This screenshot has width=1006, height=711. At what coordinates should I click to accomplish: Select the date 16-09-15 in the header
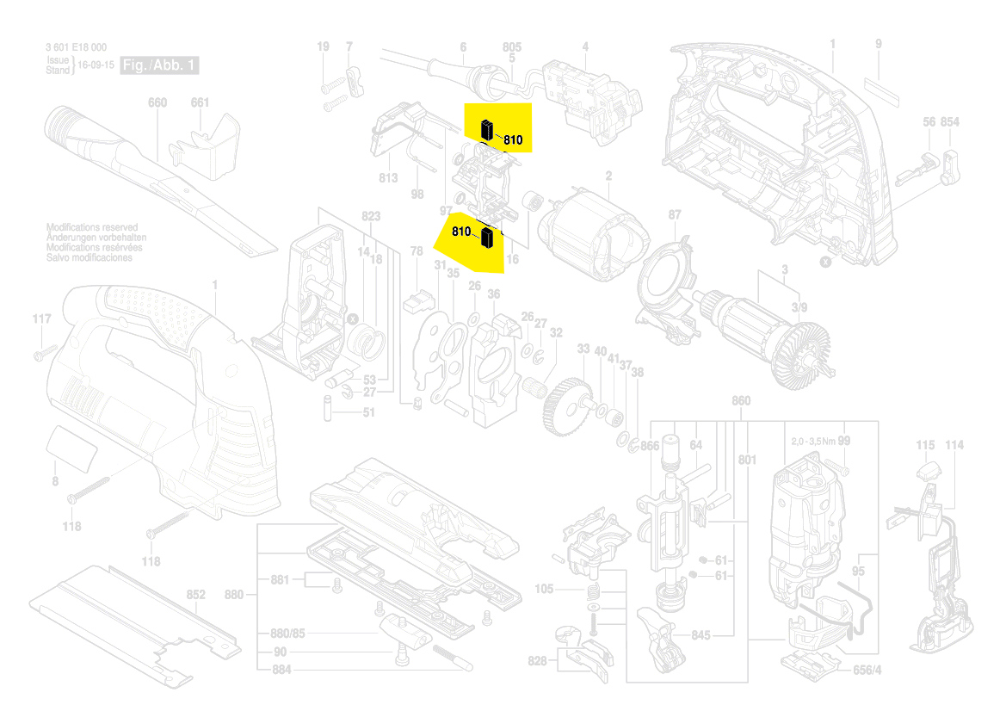coord(97,65)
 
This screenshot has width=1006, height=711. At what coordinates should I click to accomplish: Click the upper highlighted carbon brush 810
coord(487,129)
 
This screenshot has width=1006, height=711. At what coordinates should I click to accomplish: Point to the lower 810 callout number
coord(461,232)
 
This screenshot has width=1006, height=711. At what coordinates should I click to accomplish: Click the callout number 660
coord(157,103)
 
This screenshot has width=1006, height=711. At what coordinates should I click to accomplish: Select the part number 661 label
coord(200,103)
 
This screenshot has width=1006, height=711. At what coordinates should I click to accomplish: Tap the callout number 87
coord(675,215)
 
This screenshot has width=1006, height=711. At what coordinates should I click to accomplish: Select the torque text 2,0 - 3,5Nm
coord(812,441)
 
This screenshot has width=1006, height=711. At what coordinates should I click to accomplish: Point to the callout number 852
coord(196,595)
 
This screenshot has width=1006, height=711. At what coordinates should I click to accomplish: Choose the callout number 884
coord(281,669)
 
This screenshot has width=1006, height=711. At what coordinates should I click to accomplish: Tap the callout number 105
coord(544,590)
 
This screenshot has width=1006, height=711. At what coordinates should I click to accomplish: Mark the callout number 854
coord(949,122)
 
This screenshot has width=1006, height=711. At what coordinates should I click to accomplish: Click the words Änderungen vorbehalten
coord(96,238)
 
